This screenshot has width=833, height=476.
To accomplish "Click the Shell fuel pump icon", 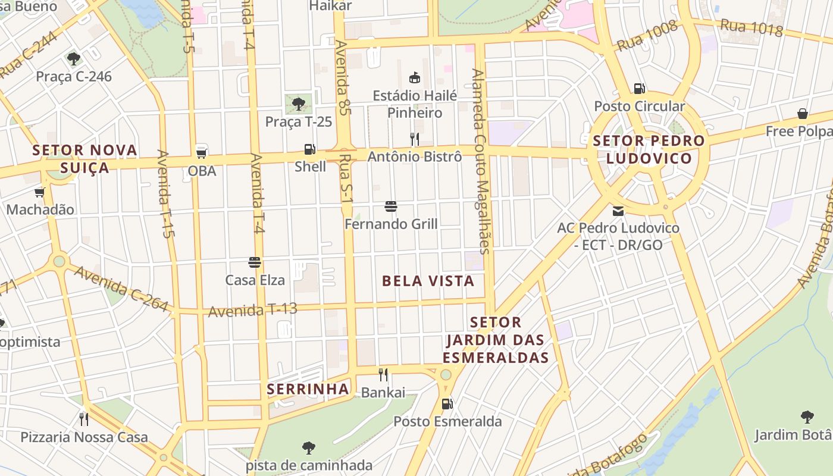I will (309, 149).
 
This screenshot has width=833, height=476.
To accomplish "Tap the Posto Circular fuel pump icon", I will (640, 89).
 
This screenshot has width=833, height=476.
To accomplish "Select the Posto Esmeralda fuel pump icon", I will (447, 404).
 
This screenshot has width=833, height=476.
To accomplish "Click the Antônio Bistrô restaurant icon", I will (415, 139).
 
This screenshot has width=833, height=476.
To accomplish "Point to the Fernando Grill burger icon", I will (391, 206).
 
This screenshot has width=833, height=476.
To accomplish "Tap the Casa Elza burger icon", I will (255, 262).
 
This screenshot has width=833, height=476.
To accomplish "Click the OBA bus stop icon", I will (202, 152).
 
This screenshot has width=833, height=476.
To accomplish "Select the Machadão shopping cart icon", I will (40, 192).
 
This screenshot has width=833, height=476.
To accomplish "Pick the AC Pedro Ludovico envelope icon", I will (618, 211).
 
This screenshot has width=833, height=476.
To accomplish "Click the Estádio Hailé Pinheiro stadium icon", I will (415, 77).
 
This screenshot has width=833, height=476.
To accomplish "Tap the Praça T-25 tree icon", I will (299, 104).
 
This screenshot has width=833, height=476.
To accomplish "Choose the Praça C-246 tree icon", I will (74, 58).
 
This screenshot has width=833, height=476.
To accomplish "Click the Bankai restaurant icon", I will (383, 375).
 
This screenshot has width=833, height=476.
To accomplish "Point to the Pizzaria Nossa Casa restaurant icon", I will (84, 419).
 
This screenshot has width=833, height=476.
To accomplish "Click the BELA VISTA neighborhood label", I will (428, 281).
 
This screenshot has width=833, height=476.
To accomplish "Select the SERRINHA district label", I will (308, 389).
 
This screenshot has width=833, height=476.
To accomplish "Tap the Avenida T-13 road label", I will (252, 310).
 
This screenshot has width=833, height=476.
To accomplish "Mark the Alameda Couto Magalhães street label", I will (482, 161).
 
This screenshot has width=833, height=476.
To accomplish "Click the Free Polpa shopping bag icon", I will (803, 114).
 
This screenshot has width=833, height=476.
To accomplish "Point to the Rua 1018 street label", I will (751, 27).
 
